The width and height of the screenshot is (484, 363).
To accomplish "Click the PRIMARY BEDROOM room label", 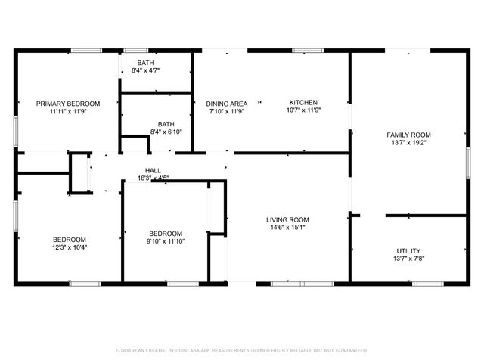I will pos(69,103).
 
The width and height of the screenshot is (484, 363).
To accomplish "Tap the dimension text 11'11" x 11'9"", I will pos(69,111).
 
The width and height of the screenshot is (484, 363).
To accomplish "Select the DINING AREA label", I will pos(227,103).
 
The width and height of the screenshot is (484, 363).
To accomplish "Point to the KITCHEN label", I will pos(302,103).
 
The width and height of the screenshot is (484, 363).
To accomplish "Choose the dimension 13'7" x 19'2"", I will pos(409,142).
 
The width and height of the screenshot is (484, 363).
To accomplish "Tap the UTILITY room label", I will pos(409,250).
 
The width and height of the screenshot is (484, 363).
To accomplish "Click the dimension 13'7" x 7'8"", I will pos(409,259).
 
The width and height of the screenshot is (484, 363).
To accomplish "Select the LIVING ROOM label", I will pos(287,220).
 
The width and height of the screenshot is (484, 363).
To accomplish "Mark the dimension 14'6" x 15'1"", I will pos(287,228).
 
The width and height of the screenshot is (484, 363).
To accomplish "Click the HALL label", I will pos(153,170).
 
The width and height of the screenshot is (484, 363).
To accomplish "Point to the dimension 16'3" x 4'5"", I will pos(153,178).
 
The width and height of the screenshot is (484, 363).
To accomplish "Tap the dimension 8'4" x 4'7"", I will pos(145,70).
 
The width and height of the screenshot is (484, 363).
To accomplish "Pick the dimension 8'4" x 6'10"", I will pos(166,132).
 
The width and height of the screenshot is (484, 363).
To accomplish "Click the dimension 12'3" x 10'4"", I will pos(69,247).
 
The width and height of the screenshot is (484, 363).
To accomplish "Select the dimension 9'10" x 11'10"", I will pos(166,241).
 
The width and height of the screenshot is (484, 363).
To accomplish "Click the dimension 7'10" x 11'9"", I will pos(227,111).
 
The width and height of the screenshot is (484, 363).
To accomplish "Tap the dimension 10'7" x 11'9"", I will pos(302,111).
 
